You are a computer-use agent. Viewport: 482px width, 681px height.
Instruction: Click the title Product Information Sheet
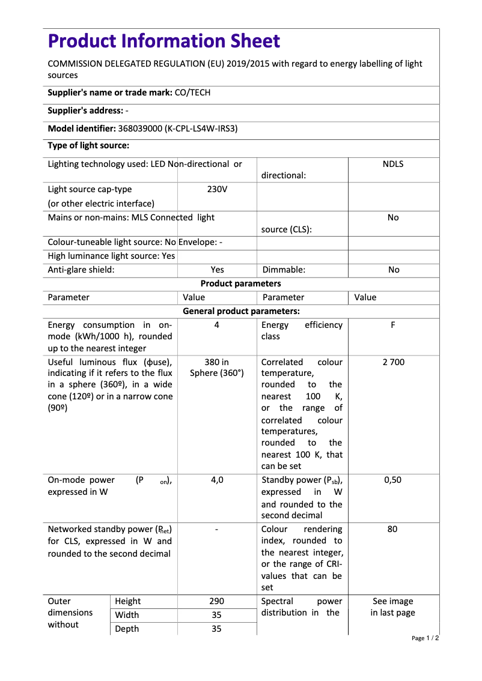163,41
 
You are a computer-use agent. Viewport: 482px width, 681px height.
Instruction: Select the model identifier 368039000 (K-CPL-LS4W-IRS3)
174,129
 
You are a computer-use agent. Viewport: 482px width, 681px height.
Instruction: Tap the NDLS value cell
393,164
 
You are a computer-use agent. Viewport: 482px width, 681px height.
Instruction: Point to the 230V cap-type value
217,189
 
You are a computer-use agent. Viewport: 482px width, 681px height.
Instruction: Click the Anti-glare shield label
81,270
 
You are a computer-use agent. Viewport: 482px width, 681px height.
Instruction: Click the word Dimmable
283,270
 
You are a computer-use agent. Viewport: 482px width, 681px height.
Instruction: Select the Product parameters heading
240,283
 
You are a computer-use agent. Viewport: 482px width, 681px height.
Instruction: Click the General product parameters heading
240,311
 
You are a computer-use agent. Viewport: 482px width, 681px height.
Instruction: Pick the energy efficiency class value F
393,325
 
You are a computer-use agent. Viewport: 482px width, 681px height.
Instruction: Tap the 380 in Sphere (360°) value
217,368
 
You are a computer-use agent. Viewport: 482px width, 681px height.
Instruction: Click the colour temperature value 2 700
393,362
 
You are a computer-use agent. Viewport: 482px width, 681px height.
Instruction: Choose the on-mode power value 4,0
217,480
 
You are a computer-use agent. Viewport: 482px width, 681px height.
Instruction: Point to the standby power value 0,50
393,480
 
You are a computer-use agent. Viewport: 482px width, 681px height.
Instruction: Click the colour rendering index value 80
393,529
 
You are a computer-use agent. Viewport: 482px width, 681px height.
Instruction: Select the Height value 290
217,601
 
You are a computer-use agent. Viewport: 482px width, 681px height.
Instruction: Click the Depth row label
126,629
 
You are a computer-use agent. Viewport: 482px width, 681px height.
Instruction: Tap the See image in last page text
393,607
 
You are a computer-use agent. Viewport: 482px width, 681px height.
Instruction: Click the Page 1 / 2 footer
425,638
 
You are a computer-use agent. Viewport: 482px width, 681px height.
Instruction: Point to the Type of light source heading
88,145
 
